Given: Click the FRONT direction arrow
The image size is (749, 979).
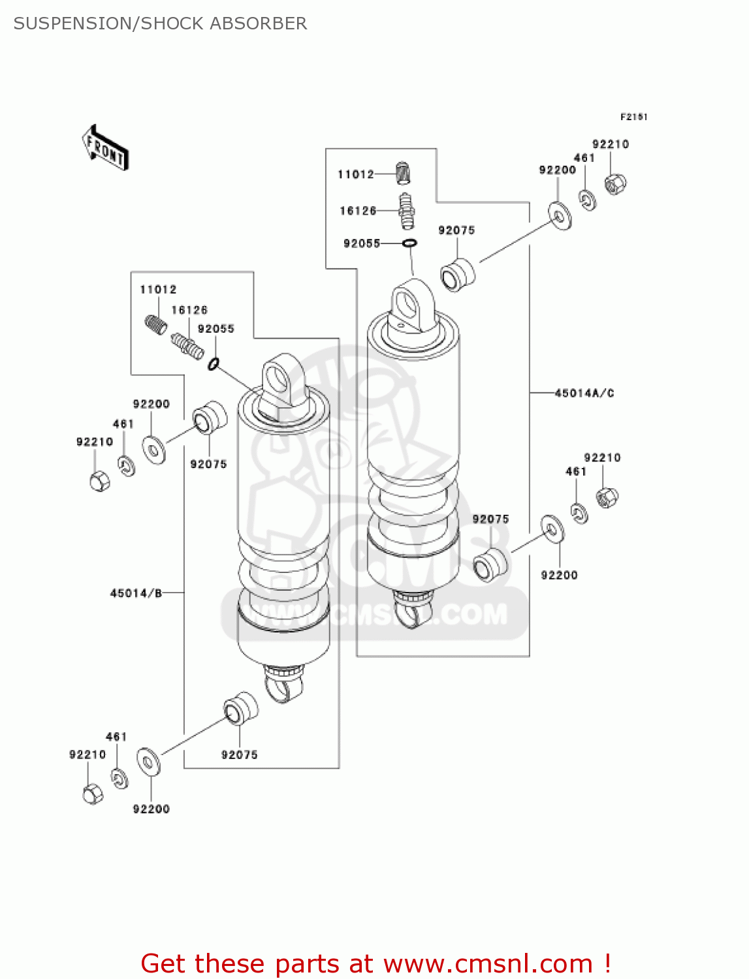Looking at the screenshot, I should (x=104, y=148).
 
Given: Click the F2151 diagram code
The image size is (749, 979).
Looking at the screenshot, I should (x=633, y=117).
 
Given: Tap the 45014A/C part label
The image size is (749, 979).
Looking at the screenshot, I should (x=584, y=393).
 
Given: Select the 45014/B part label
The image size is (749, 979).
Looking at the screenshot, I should (x=136, y=593).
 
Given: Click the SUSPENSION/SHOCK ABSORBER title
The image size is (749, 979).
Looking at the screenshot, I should (x=160, y=23).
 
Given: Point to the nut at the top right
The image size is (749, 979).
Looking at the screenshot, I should (x=614, y=184).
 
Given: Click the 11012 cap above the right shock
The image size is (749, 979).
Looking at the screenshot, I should (x=405, y=174).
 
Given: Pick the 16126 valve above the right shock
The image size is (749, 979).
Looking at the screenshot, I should (x=407, y=210).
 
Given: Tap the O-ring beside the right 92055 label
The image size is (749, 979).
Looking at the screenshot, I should (x=409, y=243).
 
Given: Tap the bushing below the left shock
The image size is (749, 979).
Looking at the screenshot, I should (x=240, y=708).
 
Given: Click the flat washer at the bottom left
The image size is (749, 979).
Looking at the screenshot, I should (x=148, y=762).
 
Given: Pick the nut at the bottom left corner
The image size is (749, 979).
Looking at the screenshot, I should (x=93, y=794).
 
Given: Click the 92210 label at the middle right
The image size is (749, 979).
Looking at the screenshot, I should (x=602, y=458).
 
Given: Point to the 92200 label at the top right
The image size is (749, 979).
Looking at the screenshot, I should (x=557, y=170).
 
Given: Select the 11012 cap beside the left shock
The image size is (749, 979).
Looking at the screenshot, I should (x=155, y=324).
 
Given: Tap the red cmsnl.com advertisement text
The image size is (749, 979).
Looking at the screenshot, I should (x=375, y=963).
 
